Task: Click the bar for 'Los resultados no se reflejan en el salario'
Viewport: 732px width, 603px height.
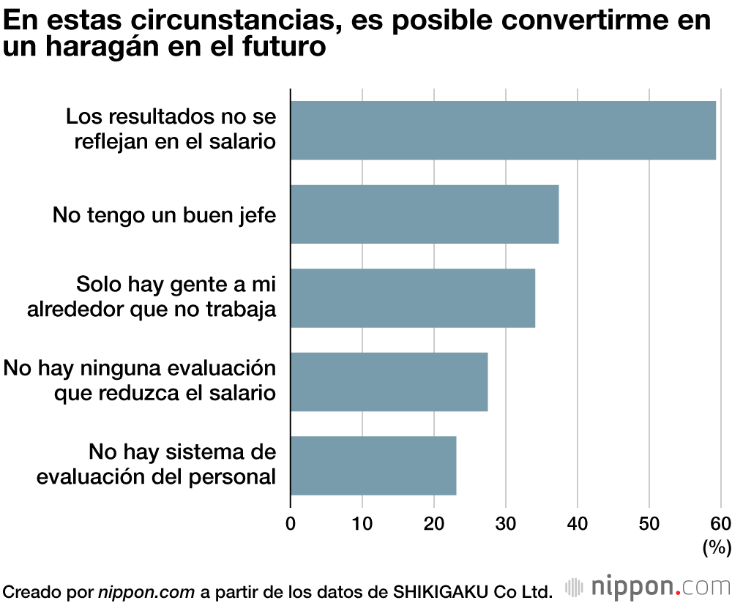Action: point(503,130)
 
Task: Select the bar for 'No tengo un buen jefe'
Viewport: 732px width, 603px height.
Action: point(425,214)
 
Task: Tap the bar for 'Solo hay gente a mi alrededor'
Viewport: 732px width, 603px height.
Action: point(413,298)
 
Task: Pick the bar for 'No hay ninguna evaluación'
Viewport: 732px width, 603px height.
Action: point(389,382)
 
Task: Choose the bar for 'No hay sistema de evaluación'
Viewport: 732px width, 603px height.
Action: point(373,465)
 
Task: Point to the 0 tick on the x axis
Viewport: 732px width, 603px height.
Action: point(291,523)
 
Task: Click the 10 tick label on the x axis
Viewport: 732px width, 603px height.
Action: point(362,523)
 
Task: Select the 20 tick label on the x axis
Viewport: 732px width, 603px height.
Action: point(434,523)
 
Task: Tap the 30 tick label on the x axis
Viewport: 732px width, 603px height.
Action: point(506,523)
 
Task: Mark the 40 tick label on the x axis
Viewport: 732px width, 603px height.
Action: point(578,523)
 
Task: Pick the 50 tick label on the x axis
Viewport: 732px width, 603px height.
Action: point(649,523)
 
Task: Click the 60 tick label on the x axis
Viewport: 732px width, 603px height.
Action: point(720,523)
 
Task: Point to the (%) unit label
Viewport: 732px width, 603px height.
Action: point(717,547)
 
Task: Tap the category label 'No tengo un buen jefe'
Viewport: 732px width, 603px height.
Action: point(164,215)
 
